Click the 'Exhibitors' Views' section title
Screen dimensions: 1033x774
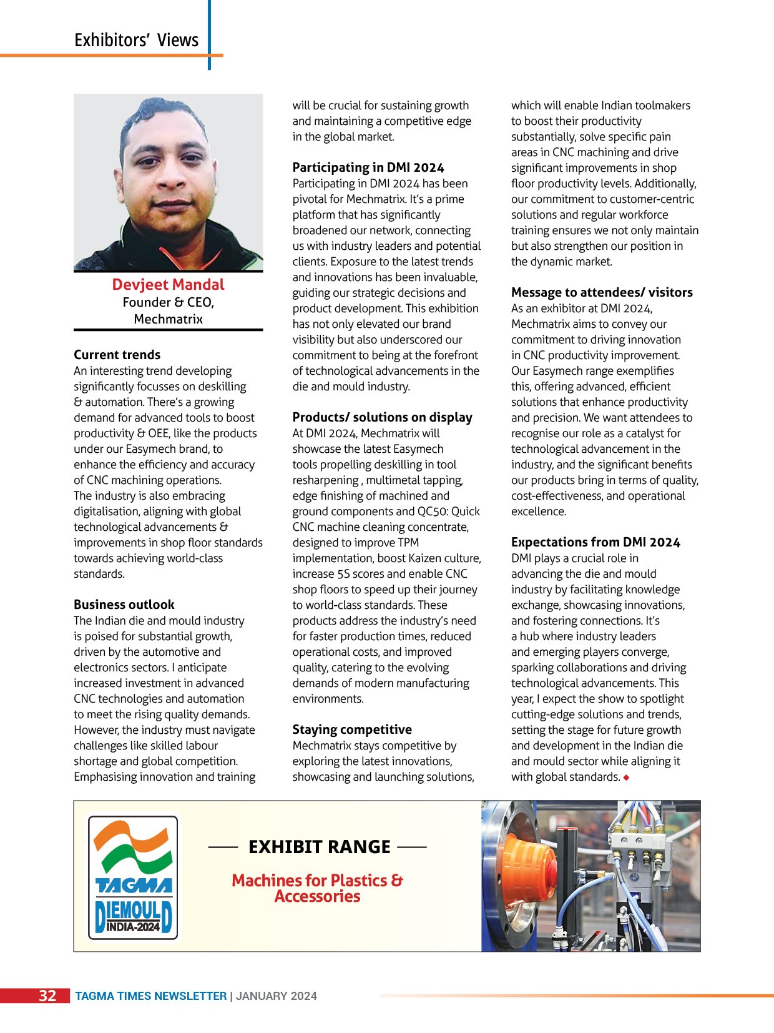tap(136, 41)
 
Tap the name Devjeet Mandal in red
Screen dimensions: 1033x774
tap(168, 285)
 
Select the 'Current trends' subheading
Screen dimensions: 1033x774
tap(117, 355)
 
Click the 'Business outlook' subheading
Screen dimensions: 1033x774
tap(124, 605)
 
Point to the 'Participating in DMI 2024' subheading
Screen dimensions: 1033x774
tap(368, 167)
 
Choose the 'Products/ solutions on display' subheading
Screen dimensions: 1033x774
tap(382, 417)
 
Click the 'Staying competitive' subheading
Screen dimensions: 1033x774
tap(352, 729)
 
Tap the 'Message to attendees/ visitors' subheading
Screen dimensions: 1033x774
tap(602, 292)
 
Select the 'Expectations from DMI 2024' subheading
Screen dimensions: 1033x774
tap(595, 542)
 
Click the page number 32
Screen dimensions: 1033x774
tap(47, 996)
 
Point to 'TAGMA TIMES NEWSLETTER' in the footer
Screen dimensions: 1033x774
tap(150, 996)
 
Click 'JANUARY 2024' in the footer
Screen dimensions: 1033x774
tap(276, 996)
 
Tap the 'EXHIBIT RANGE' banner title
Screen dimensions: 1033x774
tap(319, 847)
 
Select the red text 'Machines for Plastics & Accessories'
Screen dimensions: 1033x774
tap(317, 888)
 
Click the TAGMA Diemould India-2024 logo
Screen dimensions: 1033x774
tap(133, 876)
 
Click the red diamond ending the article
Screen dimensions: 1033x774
tap(626, 778)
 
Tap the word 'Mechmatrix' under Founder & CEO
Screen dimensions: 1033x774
tap(168, 319)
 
